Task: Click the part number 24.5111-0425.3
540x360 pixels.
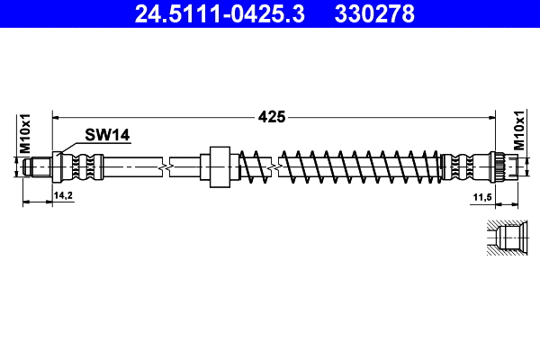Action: pyautogui.click(x=210, y=13)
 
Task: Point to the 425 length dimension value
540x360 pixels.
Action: pyautogui.click(x=272, y=116)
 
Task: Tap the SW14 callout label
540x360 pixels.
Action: pyautogui.click(x=108, y=135)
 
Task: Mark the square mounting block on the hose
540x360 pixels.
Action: pyautogui.click(x=217, y=166)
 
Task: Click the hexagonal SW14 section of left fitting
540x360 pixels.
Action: pyautogui.click(x=61, y=166)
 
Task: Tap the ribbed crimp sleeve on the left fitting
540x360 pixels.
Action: pyautogui.click(x=85, y=166)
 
